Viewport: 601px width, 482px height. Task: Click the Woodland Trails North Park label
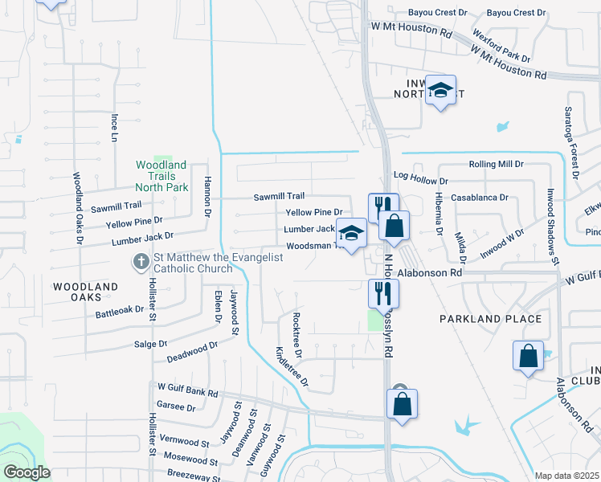161,176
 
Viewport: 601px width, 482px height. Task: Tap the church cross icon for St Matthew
141,262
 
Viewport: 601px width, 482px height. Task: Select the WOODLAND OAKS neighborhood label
85,292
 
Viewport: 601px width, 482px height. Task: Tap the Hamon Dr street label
206,198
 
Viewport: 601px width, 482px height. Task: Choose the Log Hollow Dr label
419,175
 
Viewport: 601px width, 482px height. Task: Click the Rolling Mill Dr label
496,164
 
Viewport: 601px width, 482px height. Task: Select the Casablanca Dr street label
480,197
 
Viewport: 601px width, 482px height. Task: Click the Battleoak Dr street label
120,308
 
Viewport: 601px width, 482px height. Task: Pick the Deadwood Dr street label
192,351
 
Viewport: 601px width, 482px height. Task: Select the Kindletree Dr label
292,366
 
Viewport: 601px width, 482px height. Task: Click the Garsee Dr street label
177,407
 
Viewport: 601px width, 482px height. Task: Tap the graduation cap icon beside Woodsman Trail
351,234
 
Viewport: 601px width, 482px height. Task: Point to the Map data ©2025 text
566,476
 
